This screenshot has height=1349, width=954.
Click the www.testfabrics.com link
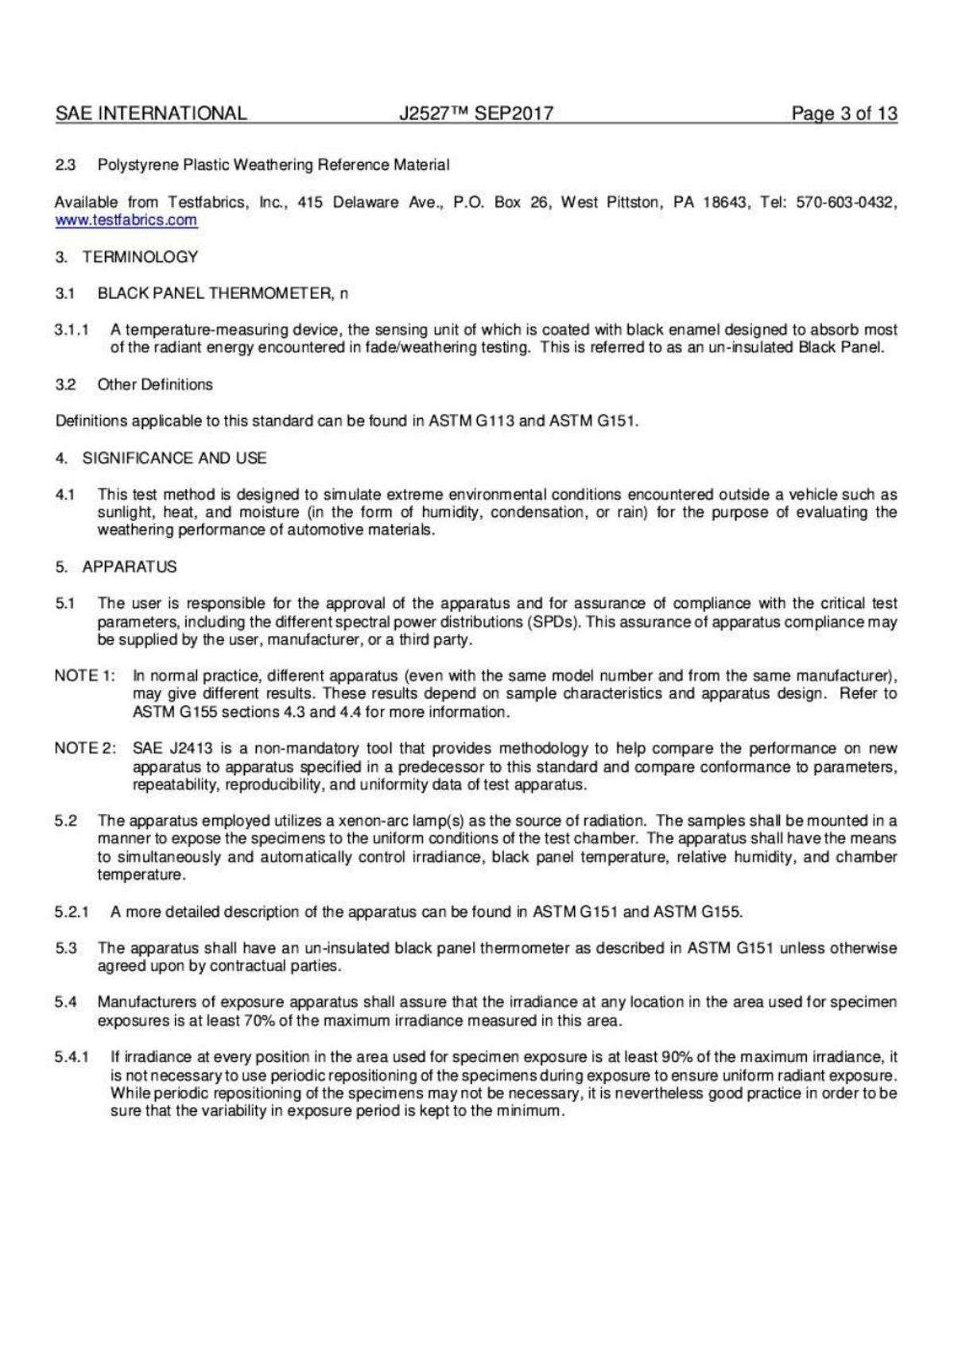[x=126, y=220]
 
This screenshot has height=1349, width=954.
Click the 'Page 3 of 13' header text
[x=843, y=114]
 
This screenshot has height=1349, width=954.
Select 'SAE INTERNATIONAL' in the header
[x=151, y=114]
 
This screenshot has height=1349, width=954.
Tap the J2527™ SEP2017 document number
[x=475, y=114]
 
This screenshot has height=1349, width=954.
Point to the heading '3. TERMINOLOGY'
[x=127, y=257]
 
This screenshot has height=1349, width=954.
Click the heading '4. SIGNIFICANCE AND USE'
[x=161, y=458]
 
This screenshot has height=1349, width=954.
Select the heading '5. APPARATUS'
[x=116, y=567]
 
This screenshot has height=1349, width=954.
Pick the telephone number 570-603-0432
[x=846, y=202]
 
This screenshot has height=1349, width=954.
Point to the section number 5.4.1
[x=72, y=1057]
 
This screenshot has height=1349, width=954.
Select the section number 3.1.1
[x=72, y=329]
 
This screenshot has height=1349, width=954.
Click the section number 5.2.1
[x=72, y=912]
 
